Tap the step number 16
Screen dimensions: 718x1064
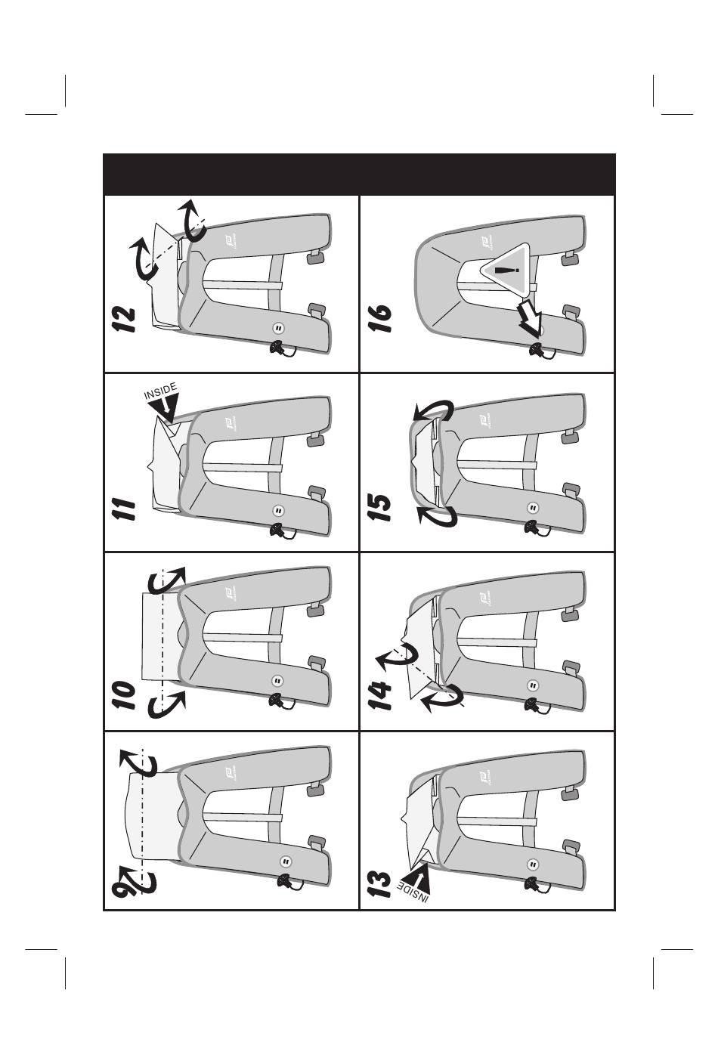[379, 320]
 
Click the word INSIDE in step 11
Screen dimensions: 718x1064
[159, 391]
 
